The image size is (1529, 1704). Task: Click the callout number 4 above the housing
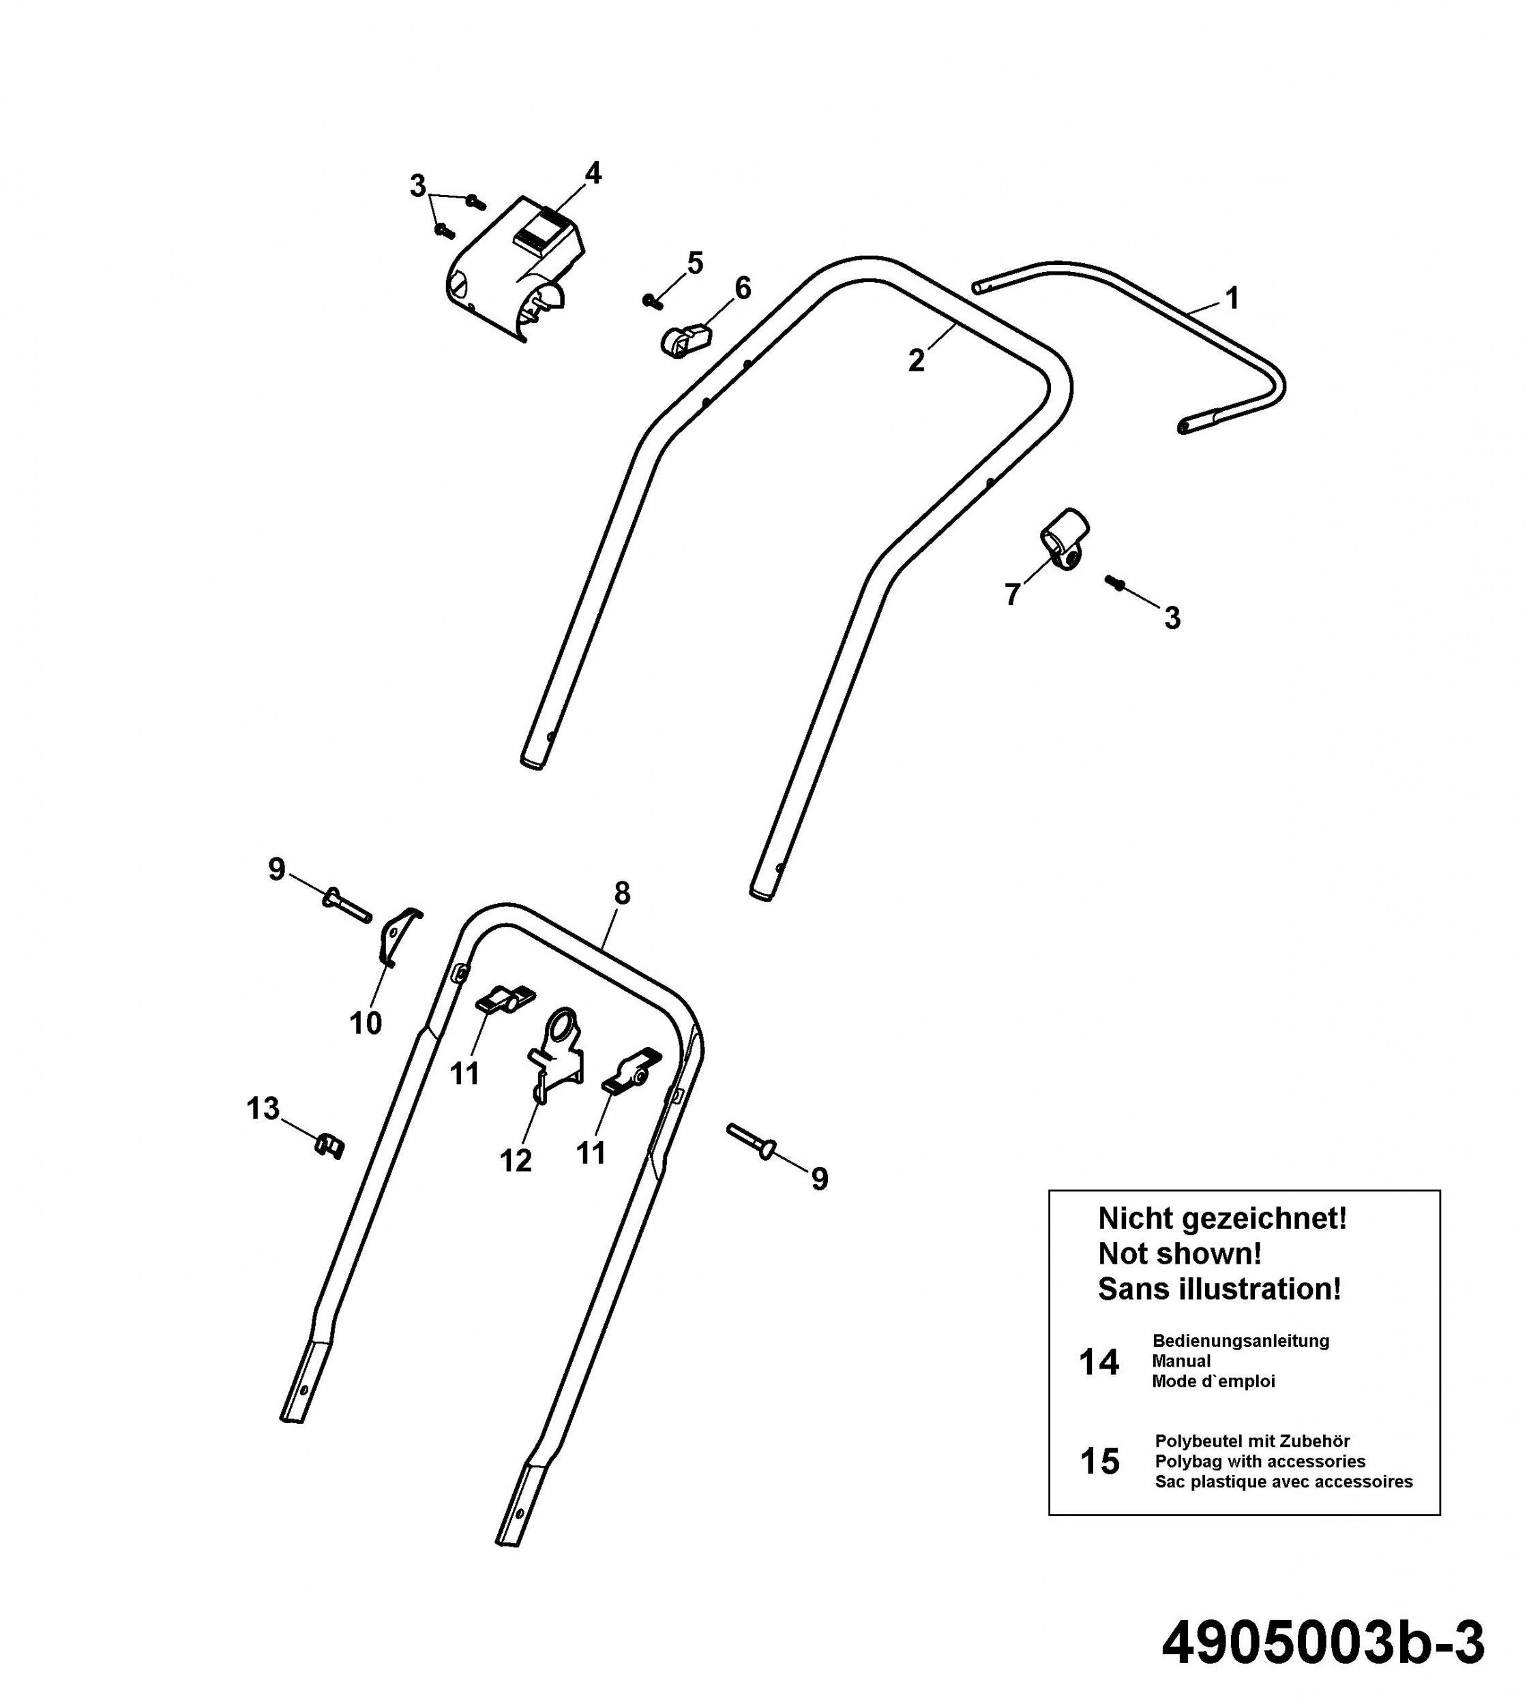coord(593,174)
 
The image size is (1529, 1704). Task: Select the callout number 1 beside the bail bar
coord(1232,298)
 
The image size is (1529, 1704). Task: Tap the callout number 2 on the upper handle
coord(916,361)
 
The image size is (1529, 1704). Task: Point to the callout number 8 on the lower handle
coord(622,894)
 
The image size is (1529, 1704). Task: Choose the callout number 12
coord(516,1161)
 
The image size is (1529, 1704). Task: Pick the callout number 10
coord(366,1023)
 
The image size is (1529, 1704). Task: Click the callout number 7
coord(1012,594)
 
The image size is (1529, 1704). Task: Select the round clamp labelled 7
coord(1065,539)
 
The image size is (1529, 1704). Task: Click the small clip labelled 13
coord(329,1146)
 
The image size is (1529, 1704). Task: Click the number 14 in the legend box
coord(1099,1363)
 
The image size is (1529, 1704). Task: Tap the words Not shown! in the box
coord(1180,1254)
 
